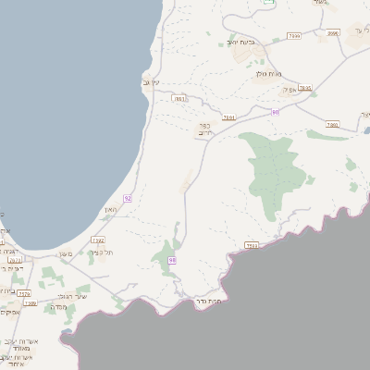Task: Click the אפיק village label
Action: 288,90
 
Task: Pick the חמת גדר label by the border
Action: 211,302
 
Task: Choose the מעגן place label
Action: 65,254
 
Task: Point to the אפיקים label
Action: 8,313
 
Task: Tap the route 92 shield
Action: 128,198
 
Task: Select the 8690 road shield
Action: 333,33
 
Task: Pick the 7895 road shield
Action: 305,88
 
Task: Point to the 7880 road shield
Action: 333,124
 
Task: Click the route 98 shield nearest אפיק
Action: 276,112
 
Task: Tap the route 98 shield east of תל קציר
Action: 172,261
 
